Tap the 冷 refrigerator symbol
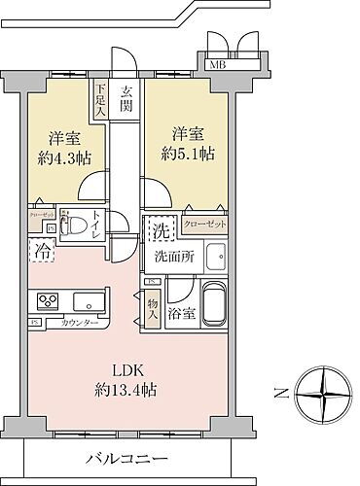point(43,252)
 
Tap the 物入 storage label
point(153,309)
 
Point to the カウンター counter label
point(77,322)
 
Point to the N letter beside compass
point(278,395)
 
